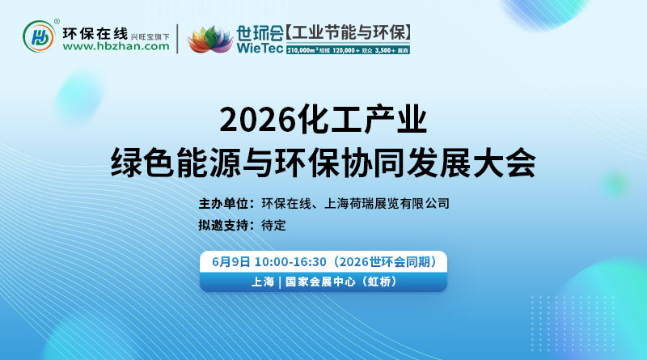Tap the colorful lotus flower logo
(209, 39)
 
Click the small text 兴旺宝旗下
(150, 36)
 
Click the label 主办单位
(225, 203)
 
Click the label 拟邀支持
(225, 225)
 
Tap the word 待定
(273, 225)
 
